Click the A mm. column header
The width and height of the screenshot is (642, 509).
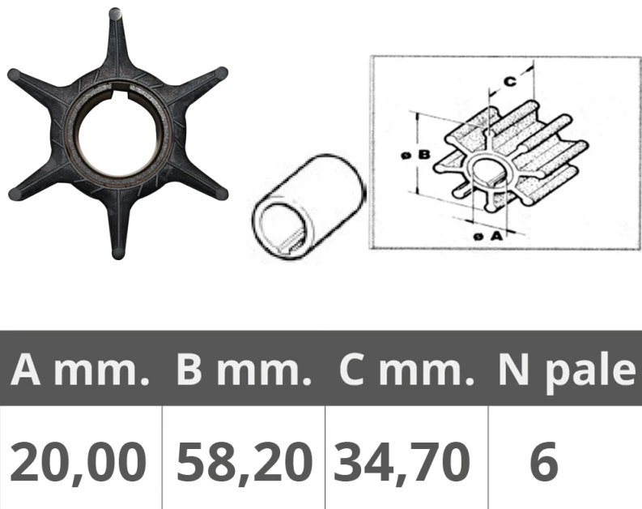pyautogui.click(x=80, y=370)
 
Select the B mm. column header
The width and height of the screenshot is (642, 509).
pyautogui.click(x=244, y=370)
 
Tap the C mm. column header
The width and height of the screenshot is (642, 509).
pyautogui.click(x=406, y=370)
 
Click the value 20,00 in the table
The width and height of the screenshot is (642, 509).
pyautogui.click(x=78, y=463)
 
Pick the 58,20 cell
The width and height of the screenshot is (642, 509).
pyautogui.click(x=244, y=463)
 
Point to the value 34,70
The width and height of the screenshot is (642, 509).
pyautogui.click(x=402, y=463)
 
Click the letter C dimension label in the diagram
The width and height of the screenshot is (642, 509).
pyautogui.click(x=509, y=82)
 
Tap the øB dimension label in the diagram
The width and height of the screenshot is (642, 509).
pyautogui.click(x=415, y=155)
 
